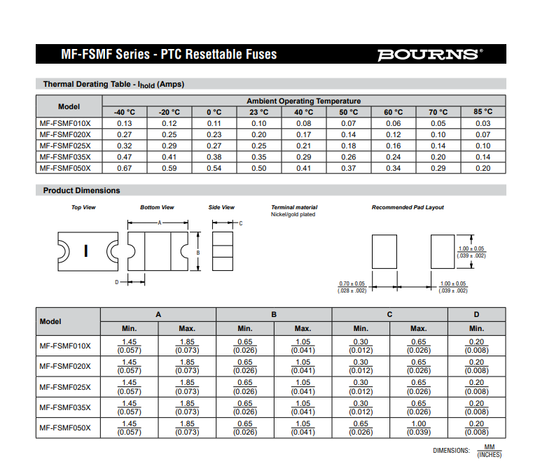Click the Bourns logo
click(429, 55)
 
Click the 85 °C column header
click(482, 112)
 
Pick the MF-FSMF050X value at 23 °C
click(258, 168)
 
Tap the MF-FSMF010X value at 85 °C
click(482, 123)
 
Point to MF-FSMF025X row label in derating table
click(65, 146)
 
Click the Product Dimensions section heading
click(81, 190)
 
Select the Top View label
click(83, 207)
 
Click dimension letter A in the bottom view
click(159, 223)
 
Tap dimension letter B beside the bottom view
click(198, 253)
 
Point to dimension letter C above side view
click(240, 223)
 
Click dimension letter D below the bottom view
click(116, 282)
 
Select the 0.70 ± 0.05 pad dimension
click(352, 283)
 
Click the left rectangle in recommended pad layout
click(383, 251)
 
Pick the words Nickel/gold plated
click(293, 214)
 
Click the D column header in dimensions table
click(476, 315)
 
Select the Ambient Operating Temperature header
click(303, 101)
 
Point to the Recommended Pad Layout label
click(407, 207)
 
